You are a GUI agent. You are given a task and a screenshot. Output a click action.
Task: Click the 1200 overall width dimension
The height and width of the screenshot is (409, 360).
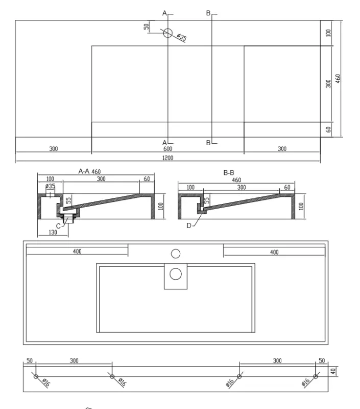coord(167,158)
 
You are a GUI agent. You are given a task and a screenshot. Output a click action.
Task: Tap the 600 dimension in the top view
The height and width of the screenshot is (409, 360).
coord(167,149)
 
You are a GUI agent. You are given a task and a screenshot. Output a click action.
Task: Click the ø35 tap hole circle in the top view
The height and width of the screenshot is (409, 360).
coord(168,33)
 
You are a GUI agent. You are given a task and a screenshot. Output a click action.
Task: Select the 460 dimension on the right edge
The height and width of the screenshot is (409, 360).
coord(338,79)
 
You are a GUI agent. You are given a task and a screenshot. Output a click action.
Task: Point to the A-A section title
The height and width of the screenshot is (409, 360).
coord(84,171)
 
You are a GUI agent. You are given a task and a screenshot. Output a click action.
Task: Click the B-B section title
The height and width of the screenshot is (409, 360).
coord(229,173)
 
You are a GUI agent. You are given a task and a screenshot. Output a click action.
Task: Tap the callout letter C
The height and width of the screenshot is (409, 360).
coord(58,226)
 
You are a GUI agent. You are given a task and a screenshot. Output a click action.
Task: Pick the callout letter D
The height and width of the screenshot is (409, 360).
coord(189,225)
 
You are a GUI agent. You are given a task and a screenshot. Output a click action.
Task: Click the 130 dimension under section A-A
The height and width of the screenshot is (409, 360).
coord(53,232)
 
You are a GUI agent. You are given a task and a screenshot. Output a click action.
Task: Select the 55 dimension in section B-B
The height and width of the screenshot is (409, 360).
coord(207,200)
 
